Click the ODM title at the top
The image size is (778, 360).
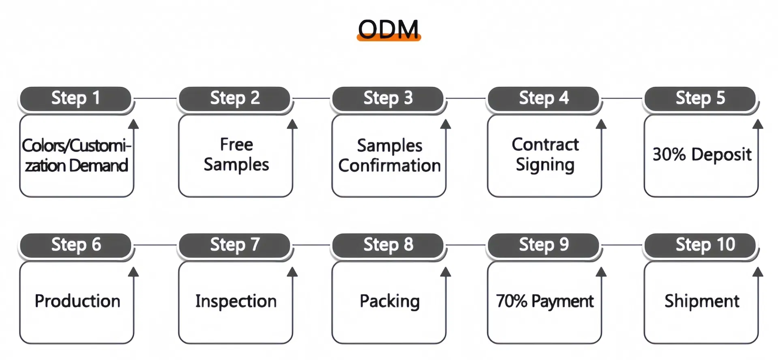pyautogui.click(x=388, y=29)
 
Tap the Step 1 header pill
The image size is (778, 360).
pyautogui.click(x=75, y=99)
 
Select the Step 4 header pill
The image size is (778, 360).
pyautogui.click(x=543, y=99)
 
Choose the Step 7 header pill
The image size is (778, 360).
pyautogui.click(x=234, y=245)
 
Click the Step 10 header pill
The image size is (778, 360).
pyautogui.click(x=701, y=245)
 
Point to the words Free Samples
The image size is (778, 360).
pyautogui.click(x=236, y=154)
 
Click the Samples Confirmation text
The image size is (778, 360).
pyautogui.click(x=389, y=156)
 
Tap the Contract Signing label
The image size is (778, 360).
pyautogui.click(x=545, y=154)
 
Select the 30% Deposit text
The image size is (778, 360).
pyautogui.click(x=702, y=154)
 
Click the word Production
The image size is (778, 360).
pyautogui.click(x=77, y=301)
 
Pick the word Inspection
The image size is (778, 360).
pyautogui.click(x=236, y=301)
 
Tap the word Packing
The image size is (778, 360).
pyautogui.click(x=389, y=301)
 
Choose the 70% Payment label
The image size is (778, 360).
pyautogui.click(x=544, y=301)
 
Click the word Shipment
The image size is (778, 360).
pyautogui.click(x=702, y=301)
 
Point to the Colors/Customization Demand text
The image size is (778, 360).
pyautogui.click(x=76, y=156)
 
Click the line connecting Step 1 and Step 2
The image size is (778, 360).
pyautogui.click(x=155, y=98)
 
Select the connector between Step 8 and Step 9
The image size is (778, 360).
pyautogui.click(x=466, y=245)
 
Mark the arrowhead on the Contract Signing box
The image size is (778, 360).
pyautogui.click(x=601, y=124)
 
